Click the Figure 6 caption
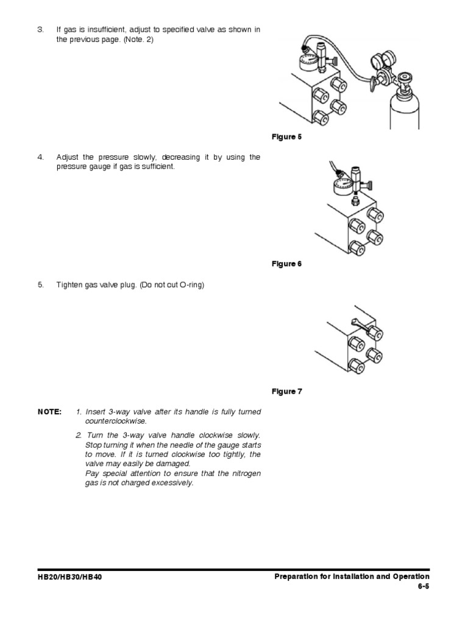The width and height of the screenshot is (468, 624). [286, 264]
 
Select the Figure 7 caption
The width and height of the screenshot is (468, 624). [286, 391]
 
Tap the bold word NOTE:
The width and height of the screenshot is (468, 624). [49, 412]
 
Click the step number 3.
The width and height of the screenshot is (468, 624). [41, 30]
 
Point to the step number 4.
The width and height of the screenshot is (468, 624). [41, 157]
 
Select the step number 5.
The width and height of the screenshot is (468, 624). [41, 285]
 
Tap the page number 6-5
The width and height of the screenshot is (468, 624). [423, 587]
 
